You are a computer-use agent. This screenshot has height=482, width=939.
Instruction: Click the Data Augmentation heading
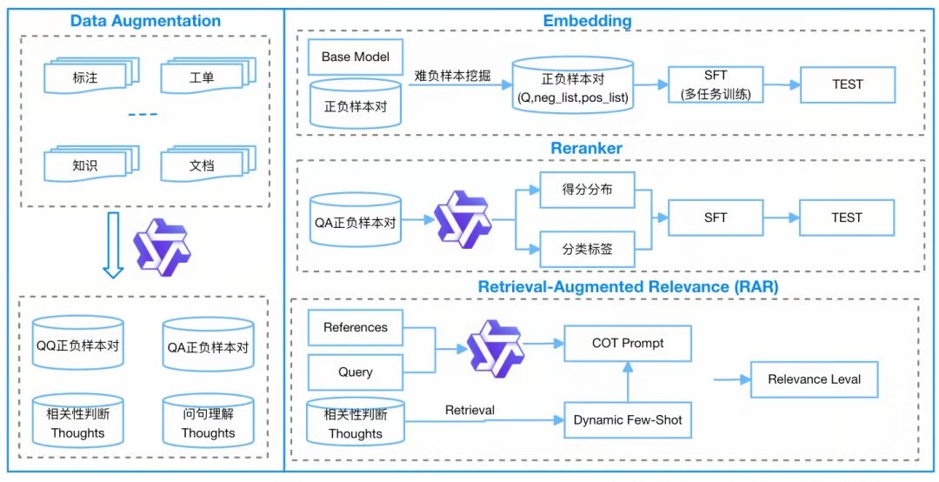click(x=145, y=21)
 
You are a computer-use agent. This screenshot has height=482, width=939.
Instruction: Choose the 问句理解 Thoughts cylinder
click(x=208, y=424)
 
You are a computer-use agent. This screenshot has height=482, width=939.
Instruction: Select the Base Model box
click(x=355, y=57)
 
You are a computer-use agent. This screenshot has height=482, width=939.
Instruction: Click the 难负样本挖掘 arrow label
click(x=452, y=76)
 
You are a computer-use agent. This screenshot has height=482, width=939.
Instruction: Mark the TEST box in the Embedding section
click(x=846, y=85)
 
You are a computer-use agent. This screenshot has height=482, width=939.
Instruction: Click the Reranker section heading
click(x=586, y=149)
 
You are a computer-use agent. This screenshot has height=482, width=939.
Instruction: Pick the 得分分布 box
click(x=587, y=190)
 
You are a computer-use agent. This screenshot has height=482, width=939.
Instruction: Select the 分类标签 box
click(x=587, y=249)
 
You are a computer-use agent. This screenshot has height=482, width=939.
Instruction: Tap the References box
click(x=355, y=328)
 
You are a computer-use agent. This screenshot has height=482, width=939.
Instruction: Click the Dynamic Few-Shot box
click(x=627, y=420)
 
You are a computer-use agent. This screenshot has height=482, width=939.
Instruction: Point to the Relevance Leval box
click(x=815, y=379)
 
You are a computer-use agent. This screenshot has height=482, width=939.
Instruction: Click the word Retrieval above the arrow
click(x=469, y=410)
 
